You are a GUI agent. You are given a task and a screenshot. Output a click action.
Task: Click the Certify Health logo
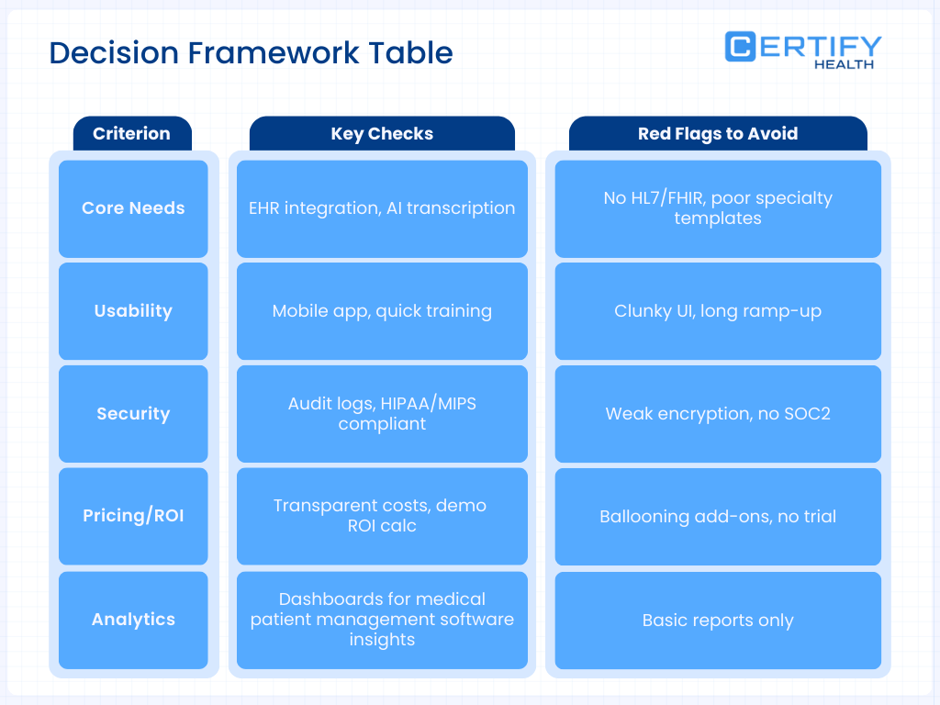pyautogui.click(x=802, y=50)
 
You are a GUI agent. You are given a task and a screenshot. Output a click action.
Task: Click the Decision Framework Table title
pyautogui.click(x=251, y=52)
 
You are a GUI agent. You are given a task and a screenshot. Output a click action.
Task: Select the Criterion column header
pyautogui.click(x=131, y=133)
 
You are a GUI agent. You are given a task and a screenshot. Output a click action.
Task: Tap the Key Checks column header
pyautogui.click(x=382, y=133)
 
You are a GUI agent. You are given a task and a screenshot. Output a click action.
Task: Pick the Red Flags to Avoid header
pyautogui.click(x=717, y=133)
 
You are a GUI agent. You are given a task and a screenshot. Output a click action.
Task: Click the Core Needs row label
pyautogui.click(x=133, y=208)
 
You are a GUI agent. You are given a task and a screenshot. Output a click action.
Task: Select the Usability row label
pyautogui.click(x=133, y=311)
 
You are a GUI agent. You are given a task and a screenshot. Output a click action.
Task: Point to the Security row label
pyautogui.click(x=133, y=414)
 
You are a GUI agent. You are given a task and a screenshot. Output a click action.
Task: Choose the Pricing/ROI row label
pyautogui.click(x=133, y=516)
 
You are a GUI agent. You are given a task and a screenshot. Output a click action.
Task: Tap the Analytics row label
pyautogui.click(x=133, y=620)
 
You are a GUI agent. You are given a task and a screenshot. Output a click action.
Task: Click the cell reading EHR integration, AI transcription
pyautogui.click(x=382, y=208)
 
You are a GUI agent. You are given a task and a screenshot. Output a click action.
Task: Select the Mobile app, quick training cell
pyautogui.click(x=382, y=311)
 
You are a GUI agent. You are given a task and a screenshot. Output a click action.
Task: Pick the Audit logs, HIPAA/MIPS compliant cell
pyautogui.click(x=382, y=414)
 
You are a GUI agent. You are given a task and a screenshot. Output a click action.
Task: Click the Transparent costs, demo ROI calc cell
pyautogui.click(x=382, y=516)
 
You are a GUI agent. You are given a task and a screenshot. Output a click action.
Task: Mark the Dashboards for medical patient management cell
pyautogui.click(x=382, y=620)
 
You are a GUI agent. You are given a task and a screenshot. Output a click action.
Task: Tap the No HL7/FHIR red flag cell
pyautogui.click(x=717, y=208)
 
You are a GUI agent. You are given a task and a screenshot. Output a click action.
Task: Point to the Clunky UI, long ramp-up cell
pyautogui.click(x=717, y=311)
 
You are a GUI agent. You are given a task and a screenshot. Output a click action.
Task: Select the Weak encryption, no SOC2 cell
pyautogui.click(x=717, y=414)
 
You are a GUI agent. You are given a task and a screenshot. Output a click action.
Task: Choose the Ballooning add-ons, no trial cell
pyautogui.click(x=717, y=516)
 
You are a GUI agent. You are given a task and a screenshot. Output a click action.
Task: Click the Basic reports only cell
pyautogui.click(x=717, y=620)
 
